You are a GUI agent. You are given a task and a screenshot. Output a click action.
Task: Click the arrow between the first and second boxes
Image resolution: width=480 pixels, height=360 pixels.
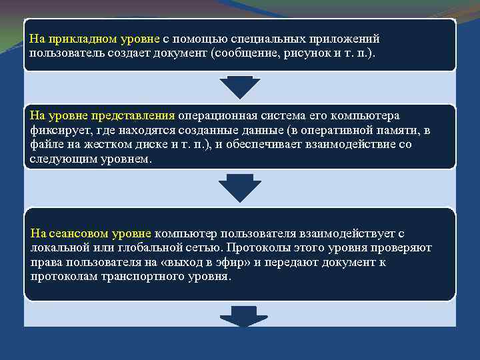click(x=240, y=87)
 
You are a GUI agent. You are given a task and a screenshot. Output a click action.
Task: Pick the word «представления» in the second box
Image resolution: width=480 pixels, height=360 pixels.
click(x=139, y=116)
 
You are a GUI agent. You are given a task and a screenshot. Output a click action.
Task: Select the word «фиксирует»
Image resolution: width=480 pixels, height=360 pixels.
click(x=55, y=131)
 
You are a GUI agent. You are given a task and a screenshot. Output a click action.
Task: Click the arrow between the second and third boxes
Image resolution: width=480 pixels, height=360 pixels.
click(x=240, y=187)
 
